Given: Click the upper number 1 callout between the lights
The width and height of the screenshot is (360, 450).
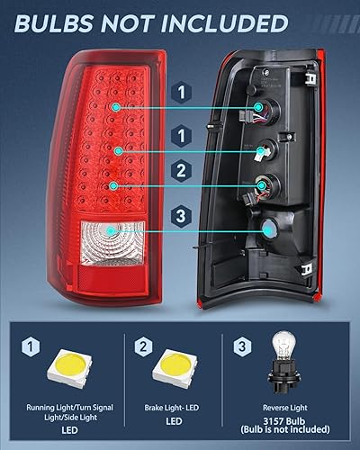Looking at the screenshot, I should [x=182, y=93].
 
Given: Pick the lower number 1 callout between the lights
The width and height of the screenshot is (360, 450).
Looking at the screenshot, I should [x=182, y=135].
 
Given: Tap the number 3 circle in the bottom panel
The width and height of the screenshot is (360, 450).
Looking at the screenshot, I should [x=242, y=346].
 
